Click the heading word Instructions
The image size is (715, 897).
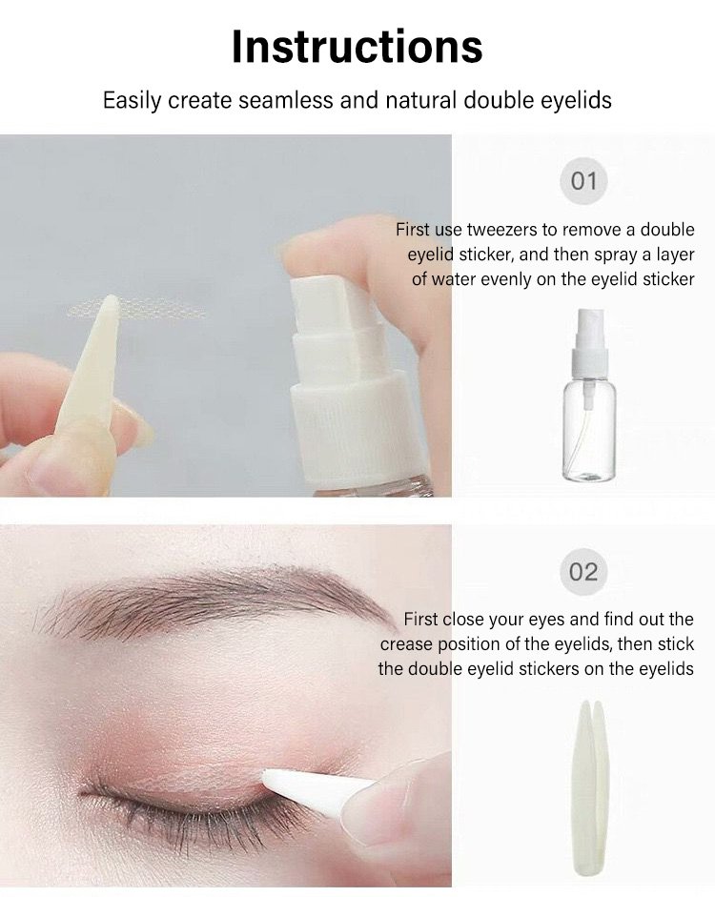(357, 46)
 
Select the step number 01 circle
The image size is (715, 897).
(583, 181)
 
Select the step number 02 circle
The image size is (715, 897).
(583, 572)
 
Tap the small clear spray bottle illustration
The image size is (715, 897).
(589, 395)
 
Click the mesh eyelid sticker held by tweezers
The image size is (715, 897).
(137, 310)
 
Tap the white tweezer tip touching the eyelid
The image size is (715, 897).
(269, 777)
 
